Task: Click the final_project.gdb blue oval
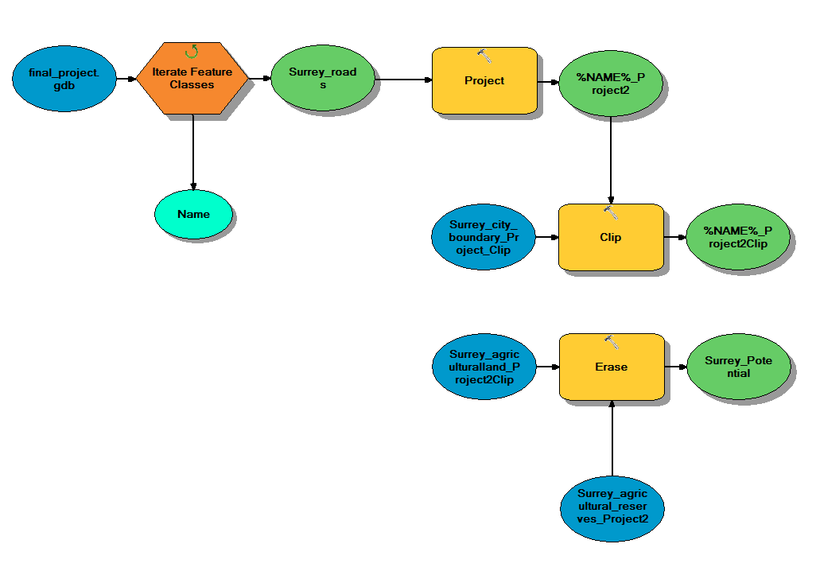[x=64, y=79]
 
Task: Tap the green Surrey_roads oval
[x=322, y=79]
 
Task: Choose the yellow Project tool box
[x=484, y=80]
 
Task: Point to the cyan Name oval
[x=193, y=214]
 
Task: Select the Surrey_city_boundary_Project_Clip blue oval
[x=484, y=237]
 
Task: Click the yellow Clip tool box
[x=611, y=237]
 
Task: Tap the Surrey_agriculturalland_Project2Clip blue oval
[x=484, y=367]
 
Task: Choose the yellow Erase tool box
[x=611, y=367]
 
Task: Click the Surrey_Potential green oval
[x=738, y=367]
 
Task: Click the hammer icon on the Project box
[x=484, y=55]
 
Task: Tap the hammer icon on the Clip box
[x=611, y=212]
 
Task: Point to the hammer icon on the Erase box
[x=611, y=342]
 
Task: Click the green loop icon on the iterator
[x=192, y=52]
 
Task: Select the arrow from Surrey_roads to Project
[x=402, y=80]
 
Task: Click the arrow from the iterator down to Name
[x=193, y=151]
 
